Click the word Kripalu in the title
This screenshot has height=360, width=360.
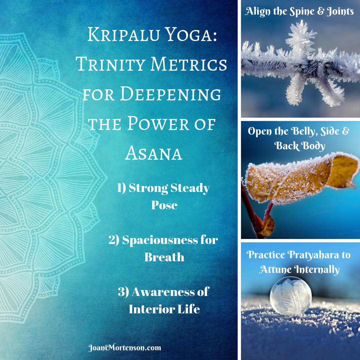point(124,35)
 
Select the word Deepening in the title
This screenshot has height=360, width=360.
point(170,94)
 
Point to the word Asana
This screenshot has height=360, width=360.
point(154,153)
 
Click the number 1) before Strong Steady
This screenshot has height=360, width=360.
point(121,188)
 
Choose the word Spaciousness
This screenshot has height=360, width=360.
point(160,240)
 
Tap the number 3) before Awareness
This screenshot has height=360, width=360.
point(123,292)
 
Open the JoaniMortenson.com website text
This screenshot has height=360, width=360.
point(125,348)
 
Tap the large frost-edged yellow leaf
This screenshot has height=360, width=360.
point(301,178)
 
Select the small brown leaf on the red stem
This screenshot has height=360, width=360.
point(268,226)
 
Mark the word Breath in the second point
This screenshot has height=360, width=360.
point(164,257)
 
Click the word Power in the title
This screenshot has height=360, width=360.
point(158,124)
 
